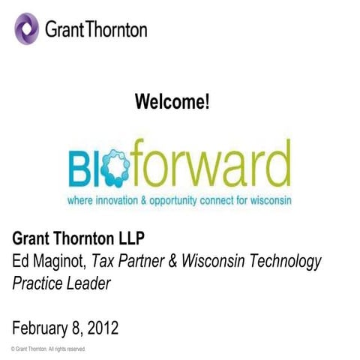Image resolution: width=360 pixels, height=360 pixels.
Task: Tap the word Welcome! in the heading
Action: click(172, 103)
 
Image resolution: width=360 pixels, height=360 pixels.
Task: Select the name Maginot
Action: click(59, 262)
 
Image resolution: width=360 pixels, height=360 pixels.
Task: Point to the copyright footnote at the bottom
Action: click(49, 349)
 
